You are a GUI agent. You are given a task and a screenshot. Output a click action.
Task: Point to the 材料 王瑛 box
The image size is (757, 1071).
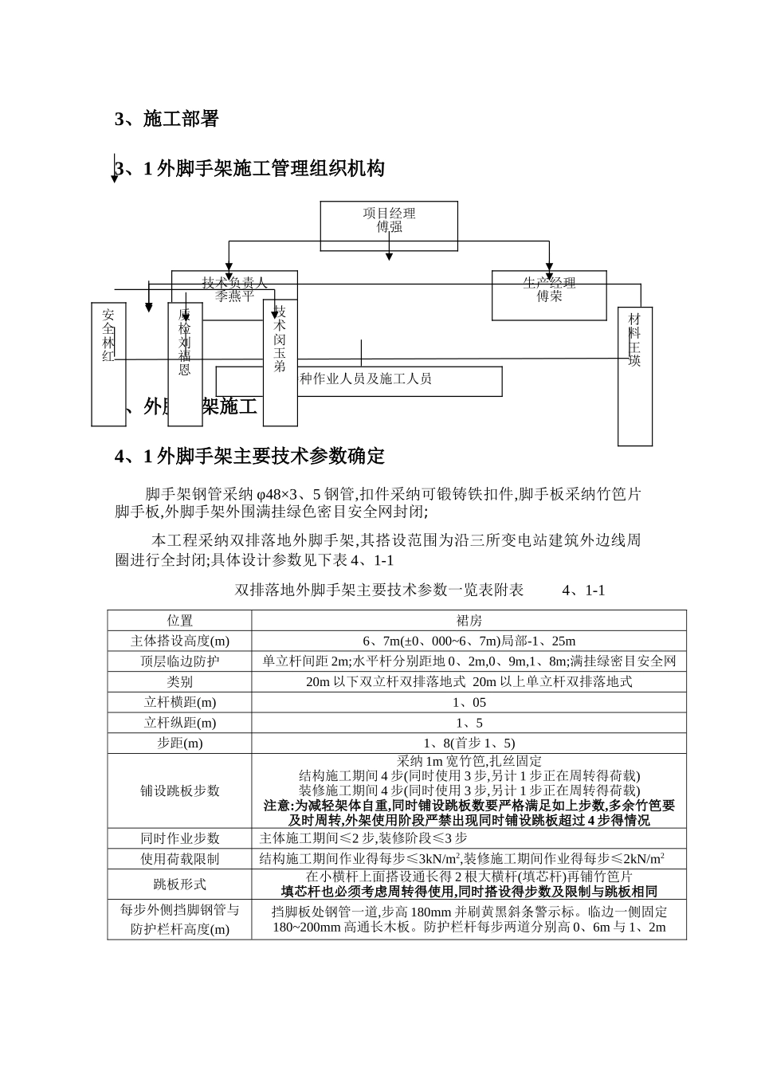[635, 376]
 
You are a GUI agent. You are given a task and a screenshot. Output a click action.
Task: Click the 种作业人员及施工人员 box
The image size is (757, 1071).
[398, 381]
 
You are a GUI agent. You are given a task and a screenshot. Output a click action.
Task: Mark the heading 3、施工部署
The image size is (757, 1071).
[167, 120]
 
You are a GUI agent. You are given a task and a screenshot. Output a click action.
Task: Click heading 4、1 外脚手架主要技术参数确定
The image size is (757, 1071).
[249, 456]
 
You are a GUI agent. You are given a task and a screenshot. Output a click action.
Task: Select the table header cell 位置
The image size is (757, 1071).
[179, 620]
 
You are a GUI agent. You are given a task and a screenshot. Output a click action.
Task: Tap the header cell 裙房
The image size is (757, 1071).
[469, 620]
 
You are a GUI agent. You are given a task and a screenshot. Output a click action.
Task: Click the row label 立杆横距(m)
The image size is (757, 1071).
[179, 702]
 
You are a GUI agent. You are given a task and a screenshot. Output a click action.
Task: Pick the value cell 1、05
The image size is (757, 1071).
[469, 702]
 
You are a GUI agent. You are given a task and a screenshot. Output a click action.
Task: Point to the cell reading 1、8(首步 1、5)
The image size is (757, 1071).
[469, 743]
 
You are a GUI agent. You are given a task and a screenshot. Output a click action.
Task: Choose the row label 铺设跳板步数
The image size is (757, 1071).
[179, 790]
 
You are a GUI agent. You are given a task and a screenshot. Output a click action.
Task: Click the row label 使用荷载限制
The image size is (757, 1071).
[179, 858]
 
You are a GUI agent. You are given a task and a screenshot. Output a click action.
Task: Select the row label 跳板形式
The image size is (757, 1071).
[179, 884]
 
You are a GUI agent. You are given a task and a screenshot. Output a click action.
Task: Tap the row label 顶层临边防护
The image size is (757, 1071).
[179, 661]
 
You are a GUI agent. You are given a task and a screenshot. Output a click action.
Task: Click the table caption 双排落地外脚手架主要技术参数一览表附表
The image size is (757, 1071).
[379, 590]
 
